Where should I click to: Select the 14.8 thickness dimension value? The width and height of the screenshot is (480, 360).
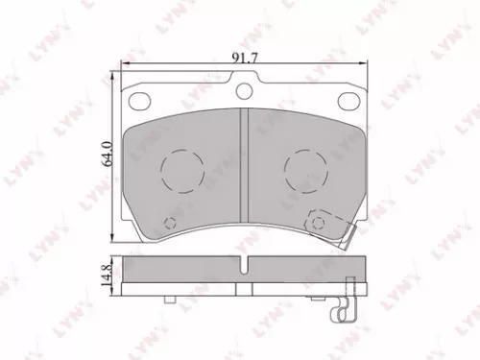pyautogui.click(x=108, y=275)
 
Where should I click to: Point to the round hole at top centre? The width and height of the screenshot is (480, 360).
pyautogui.click(x=244, y=91)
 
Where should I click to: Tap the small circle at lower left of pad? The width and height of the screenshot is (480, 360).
pyautogui.click(x=171, y=225)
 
